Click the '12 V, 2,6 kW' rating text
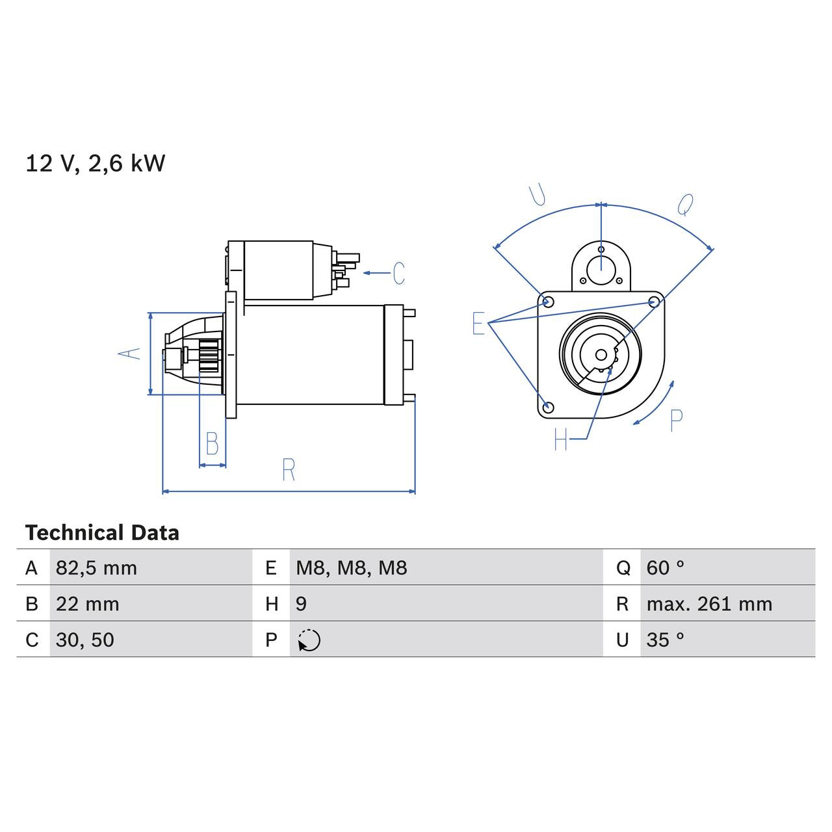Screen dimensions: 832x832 click(x=96, y=163)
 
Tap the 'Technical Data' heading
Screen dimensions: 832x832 click(x=102, y=533)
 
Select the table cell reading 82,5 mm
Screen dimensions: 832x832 click(x=96, y=568)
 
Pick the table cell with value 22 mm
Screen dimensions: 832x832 click(x=87, y=604)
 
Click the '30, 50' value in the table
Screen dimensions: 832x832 click(x=84, y=640)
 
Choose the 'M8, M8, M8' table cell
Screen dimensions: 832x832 click(x=351, y=568)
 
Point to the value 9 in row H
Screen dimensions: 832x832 click(x=301, y=604)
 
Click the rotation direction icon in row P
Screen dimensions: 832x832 click(x=309, y=640)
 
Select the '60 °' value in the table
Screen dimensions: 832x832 click(x=665, y=568)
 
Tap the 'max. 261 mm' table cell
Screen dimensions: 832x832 click(x=709, y=604)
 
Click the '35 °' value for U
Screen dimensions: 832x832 click(x=665, y=640)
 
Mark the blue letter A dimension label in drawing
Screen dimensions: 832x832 click(x=129, y=353)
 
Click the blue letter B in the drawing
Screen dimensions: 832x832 click(x=212, y=444)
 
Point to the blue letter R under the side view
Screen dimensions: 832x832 click(x=289, y=469)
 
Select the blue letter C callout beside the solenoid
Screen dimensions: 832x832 click(x=398, y=273)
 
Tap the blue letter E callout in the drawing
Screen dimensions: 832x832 click(x=478, y=323)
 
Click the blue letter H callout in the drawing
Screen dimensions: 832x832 click(x=561, y=440)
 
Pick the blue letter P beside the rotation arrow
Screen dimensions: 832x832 click(x=676, y=421)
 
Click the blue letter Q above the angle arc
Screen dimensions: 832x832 click(x=685, y=205)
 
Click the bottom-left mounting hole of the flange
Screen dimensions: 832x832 click(x=548, y=408)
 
